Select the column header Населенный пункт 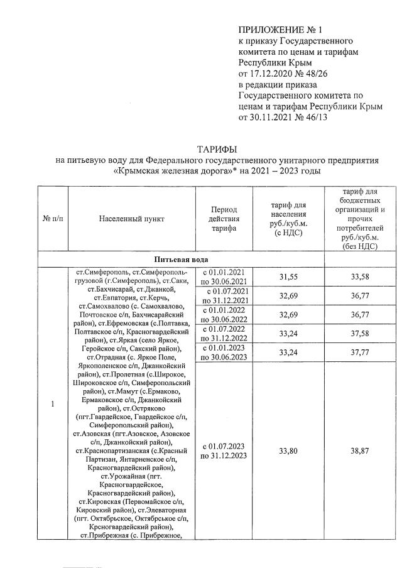(x=131, y=219)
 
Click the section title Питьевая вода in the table (x=182, y=259)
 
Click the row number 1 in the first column (x=52, y=403)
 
